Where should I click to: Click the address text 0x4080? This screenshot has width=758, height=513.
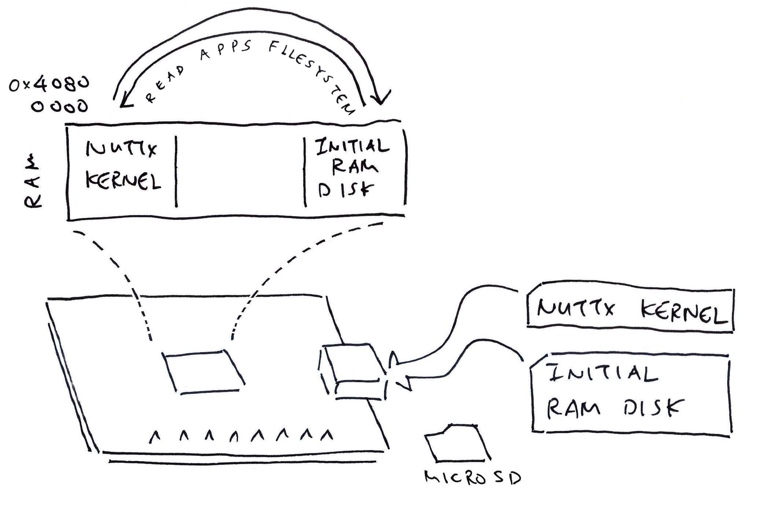(x=49, y=85)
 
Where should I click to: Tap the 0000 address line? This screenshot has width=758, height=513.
(x=60, y=107)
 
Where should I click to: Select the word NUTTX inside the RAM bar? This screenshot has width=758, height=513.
(x=121, y=148)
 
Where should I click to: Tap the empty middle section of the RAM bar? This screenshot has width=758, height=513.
(x=240, y=172)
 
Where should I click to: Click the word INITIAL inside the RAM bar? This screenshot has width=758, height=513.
(x=352, y=146)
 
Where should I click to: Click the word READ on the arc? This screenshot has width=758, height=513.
(x=164, y=84)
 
